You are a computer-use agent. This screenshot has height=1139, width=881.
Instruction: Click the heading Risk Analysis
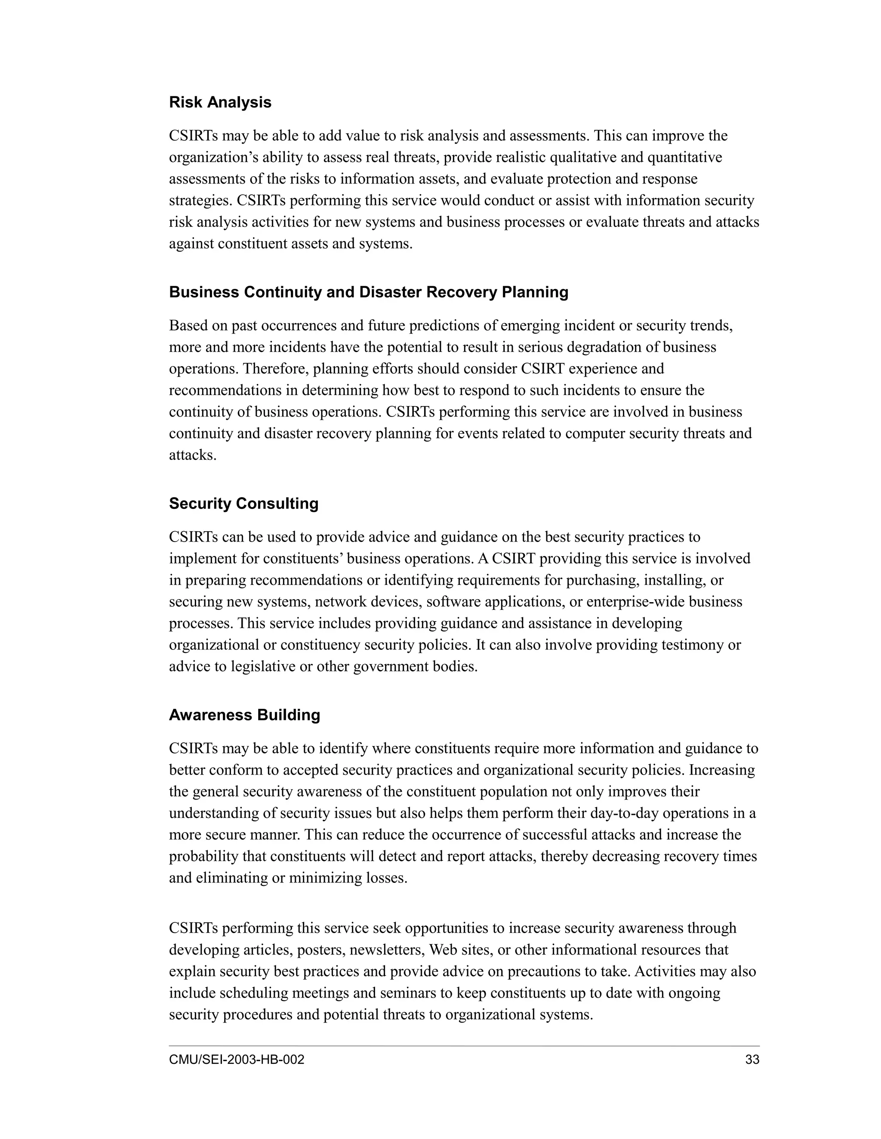[x=220, y=102]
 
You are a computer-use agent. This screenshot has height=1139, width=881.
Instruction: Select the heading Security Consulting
[x=243, y=503]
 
